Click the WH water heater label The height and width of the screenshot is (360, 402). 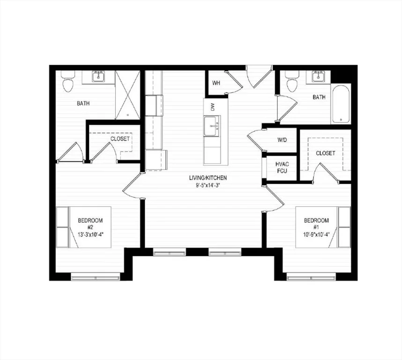coord(216,83)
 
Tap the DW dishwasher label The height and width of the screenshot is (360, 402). coord(212,107)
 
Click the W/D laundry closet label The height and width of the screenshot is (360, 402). coord(282,140)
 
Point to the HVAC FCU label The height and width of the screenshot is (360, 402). coord(282,167)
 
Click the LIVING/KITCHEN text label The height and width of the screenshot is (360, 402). coord(208,178)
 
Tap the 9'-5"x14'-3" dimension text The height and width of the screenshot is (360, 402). coord(208,186)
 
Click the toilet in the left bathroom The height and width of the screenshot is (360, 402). coord(68,82)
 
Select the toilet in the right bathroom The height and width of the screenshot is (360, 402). coord(292,81)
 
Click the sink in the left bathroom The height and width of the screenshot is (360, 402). coord(98,76)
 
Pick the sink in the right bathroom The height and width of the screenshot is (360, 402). coord(319,76)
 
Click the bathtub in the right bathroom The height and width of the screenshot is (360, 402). coord(341,104)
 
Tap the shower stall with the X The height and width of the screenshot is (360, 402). coord(128,95)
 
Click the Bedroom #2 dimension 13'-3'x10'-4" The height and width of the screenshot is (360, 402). coord(90,234)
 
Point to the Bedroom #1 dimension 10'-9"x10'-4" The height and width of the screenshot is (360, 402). coord(316,234)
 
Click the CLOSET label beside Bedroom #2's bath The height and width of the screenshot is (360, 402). coord(120,139)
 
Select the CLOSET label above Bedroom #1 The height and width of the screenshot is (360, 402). coord(325,153)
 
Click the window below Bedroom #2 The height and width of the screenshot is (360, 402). coord(96,277)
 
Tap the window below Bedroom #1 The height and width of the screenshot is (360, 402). coord(311,277)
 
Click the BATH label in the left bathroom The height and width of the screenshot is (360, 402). coord(83,103)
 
